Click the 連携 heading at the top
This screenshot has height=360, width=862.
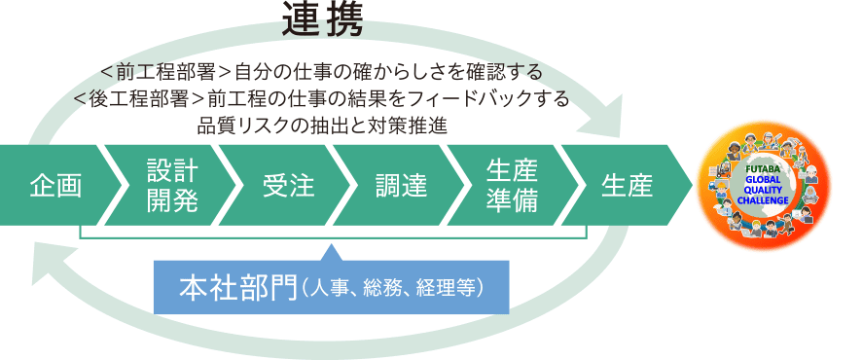click(322, 21)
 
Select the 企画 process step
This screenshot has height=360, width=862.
click(54, 184)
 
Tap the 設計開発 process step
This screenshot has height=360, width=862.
click(172, 184)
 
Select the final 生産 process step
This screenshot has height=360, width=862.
click(627, 184)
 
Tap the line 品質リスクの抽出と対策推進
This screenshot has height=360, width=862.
click(322, 125)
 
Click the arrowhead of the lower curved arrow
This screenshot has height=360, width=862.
click(43, 255)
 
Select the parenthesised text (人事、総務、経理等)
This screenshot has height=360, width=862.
click(394, 289)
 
